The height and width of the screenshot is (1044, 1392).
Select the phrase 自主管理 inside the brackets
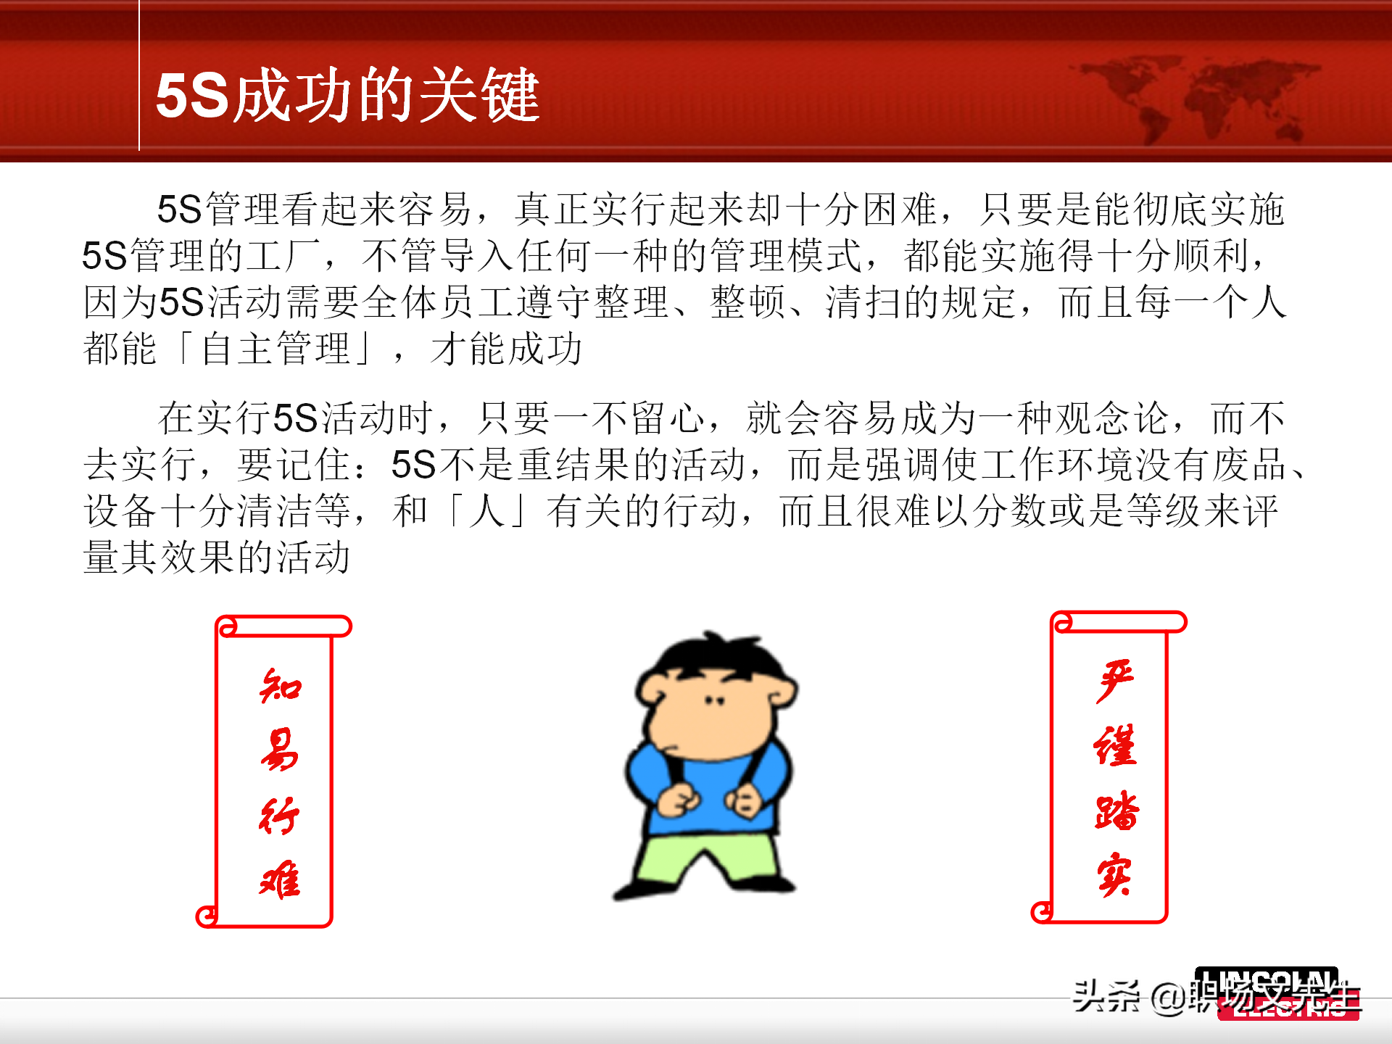click(x=276, y=349)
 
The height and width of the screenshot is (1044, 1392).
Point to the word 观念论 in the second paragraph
click(x=1094, y=418)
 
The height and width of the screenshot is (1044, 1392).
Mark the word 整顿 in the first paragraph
click(x=747, y=302)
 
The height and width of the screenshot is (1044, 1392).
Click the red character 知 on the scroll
click(x=280, y=686)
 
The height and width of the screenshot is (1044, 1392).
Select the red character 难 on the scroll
click(x=280, y=880)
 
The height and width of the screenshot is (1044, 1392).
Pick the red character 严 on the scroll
click(x=1115, y=681)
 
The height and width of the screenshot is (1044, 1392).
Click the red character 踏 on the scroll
click(x=1116, y=811)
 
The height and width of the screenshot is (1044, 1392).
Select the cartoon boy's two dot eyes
click(x=715, y=701)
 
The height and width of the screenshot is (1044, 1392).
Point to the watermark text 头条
click(x=1106, y=996)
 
